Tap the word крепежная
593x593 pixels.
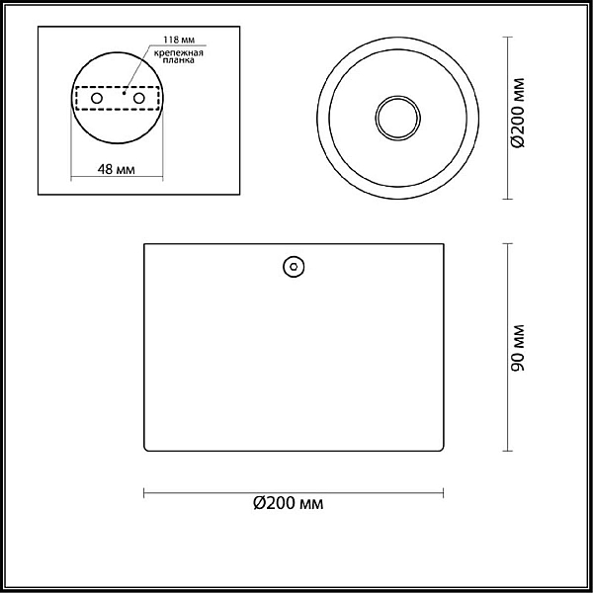point(179,52)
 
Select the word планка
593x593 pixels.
point(179,59)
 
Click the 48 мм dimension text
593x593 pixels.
point(116,169)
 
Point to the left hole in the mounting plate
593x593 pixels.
point(97,98)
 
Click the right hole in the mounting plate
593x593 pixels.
point(138,98)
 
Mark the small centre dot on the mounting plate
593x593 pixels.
point(124,93)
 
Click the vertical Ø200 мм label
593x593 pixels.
point(518,113)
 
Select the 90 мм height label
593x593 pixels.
point(518,348)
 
